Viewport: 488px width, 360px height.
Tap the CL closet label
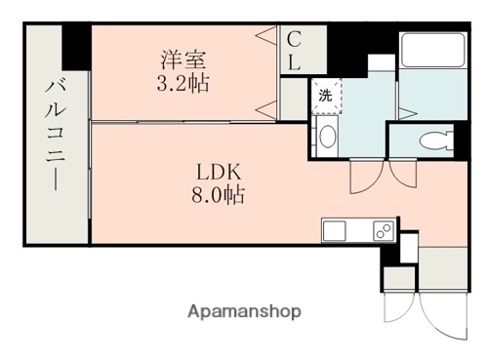[294, 51]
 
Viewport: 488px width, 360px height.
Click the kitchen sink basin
[334, 231]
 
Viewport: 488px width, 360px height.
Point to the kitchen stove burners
[382, 231]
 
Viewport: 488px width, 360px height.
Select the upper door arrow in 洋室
[264, 40]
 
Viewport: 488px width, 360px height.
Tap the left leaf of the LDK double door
[364, 176]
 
